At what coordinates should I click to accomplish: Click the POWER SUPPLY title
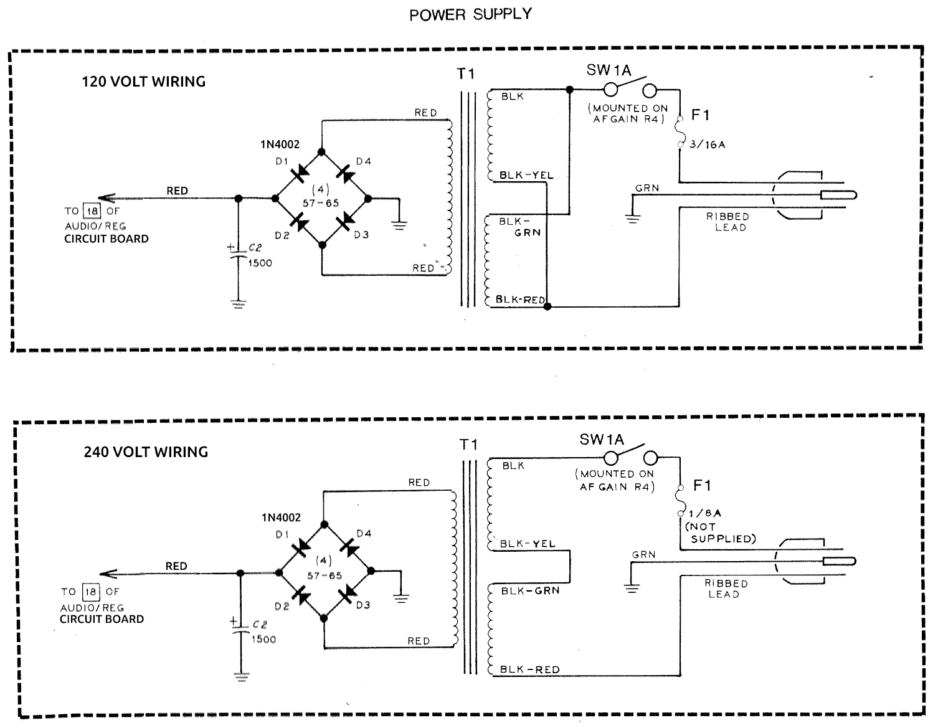tap(470, 14)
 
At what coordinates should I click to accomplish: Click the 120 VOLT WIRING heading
tap(143, 82)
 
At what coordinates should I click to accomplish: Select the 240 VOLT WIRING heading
tap(146, 452)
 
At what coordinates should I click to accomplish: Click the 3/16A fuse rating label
tap(707, 144)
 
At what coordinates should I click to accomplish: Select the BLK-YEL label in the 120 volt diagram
tap(526, 175)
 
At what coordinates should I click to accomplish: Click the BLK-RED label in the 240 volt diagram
tap(529, 670)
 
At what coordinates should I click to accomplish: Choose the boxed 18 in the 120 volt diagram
tap(92, 211)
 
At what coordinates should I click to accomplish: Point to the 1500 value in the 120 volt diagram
tap(260, 263)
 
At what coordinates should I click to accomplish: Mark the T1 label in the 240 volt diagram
tap(468, 445)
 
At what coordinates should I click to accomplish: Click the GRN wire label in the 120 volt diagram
tap(647, 188)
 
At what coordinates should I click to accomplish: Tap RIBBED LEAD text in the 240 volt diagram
tap(726, 589)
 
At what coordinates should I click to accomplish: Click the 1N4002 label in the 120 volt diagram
tap(280, 144)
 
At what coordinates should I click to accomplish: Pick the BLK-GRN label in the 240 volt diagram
tap(530, 590)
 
